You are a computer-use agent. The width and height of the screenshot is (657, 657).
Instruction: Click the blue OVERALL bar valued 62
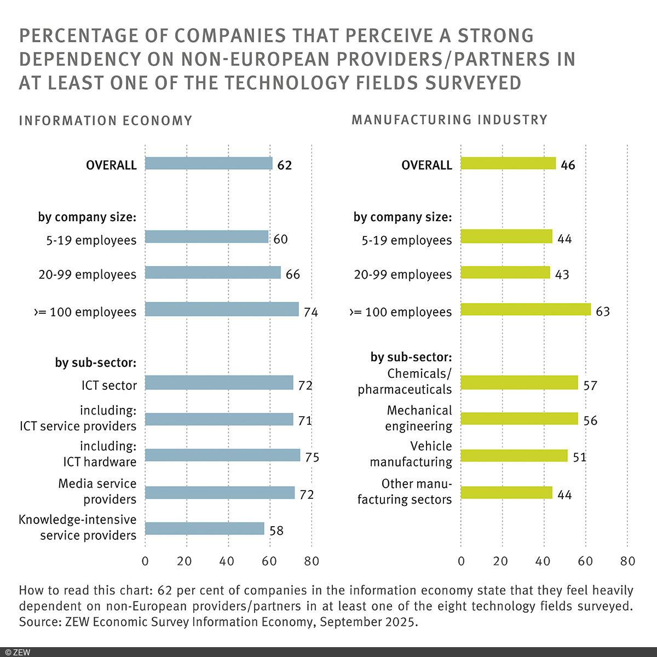(x=209, y=164)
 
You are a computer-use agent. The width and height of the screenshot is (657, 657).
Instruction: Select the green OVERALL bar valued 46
(x=508, y=164)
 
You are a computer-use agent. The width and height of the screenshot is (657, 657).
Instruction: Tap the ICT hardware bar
(x=222, y=455)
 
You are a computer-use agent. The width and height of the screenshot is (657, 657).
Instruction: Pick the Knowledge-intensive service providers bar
(x=204, y=528)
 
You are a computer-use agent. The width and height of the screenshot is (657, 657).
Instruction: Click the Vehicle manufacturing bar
(x=514, y=456)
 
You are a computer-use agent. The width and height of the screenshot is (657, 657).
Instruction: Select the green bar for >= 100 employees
(x=526, y=309)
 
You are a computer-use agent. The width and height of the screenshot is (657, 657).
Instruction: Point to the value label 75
(x=312, y=457)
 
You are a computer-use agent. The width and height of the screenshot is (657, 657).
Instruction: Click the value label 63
(x=602, y=312)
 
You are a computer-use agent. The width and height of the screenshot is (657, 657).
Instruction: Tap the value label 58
(x=276, y=531)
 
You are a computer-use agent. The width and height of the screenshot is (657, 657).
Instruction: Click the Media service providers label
(x=97, y=492)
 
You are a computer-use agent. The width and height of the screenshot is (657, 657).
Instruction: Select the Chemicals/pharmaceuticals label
(x=405, y=382)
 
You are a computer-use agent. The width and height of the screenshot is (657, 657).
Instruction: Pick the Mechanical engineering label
(x=419, y=418)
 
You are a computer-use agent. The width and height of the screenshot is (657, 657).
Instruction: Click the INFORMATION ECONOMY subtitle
(x=106, y=120)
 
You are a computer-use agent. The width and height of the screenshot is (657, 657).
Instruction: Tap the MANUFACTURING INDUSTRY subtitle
(x=449, y=120)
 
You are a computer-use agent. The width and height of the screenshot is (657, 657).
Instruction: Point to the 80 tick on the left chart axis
(x=312, y=561)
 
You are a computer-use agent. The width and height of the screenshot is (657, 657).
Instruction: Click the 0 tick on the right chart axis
(x=461, y=561)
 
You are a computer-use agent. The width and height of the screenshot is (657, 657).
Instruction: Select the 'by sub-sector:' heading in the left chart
(x=95, y=362)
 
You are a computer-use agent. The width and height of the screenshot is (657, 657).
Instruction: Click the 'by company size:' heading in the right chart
(x=402, y=217)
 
